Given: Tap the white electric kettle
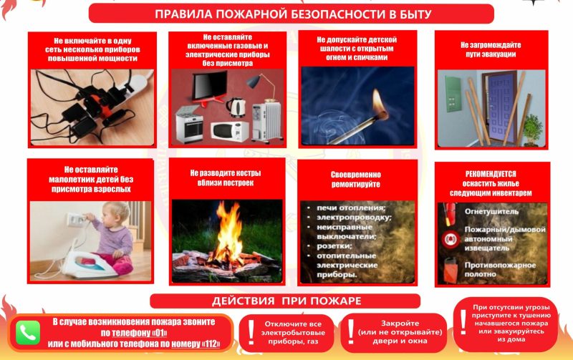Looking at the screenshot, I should point(236,107).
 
